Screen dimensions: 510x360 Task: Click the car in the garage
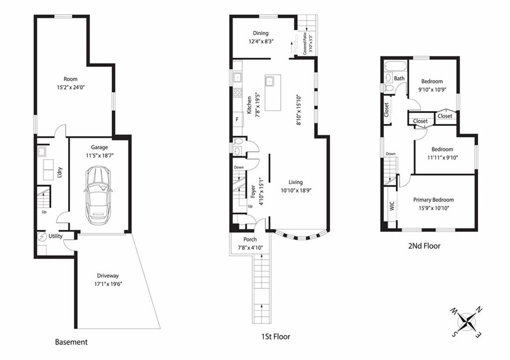98,195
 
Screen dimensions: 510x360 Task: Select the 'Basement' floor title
71,342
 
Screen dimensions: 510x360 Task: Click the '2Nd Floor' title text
424,246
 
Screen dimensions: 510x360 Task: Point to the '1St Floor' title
276,337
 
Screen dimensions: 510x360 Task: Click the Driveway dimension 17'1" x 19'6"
108,284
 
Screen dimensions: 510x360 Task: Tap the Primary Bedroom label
433,200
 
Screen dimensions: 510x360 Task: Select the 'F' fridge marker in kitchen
237,120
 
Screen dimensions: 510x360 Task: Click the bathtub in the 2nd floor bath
395,66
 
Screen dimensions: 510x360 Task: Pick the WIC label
391,206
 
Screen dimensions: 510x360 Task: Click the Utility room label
55,237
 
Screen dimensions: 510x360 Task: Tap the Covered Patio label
305,43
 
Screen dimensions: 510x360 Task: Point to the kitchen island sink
269,80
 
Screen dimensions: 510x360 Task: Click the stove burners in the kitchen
238,92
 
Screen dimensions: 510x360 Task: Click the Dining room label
260,33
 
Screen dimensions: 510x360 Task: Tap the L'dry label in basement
60,172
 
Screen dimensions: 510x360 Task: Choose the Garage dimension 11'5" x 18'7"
100,155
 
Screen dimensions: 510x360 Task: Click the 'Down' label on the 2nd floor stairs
390,154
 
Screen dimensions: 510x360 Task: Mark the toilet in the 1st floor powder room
239,141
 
